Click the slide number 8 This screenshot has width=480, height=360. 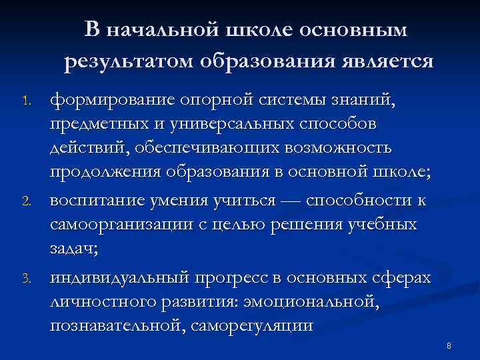(x=449, y=346)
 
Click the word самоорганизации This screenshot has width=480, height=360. (x=123, y=225)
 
